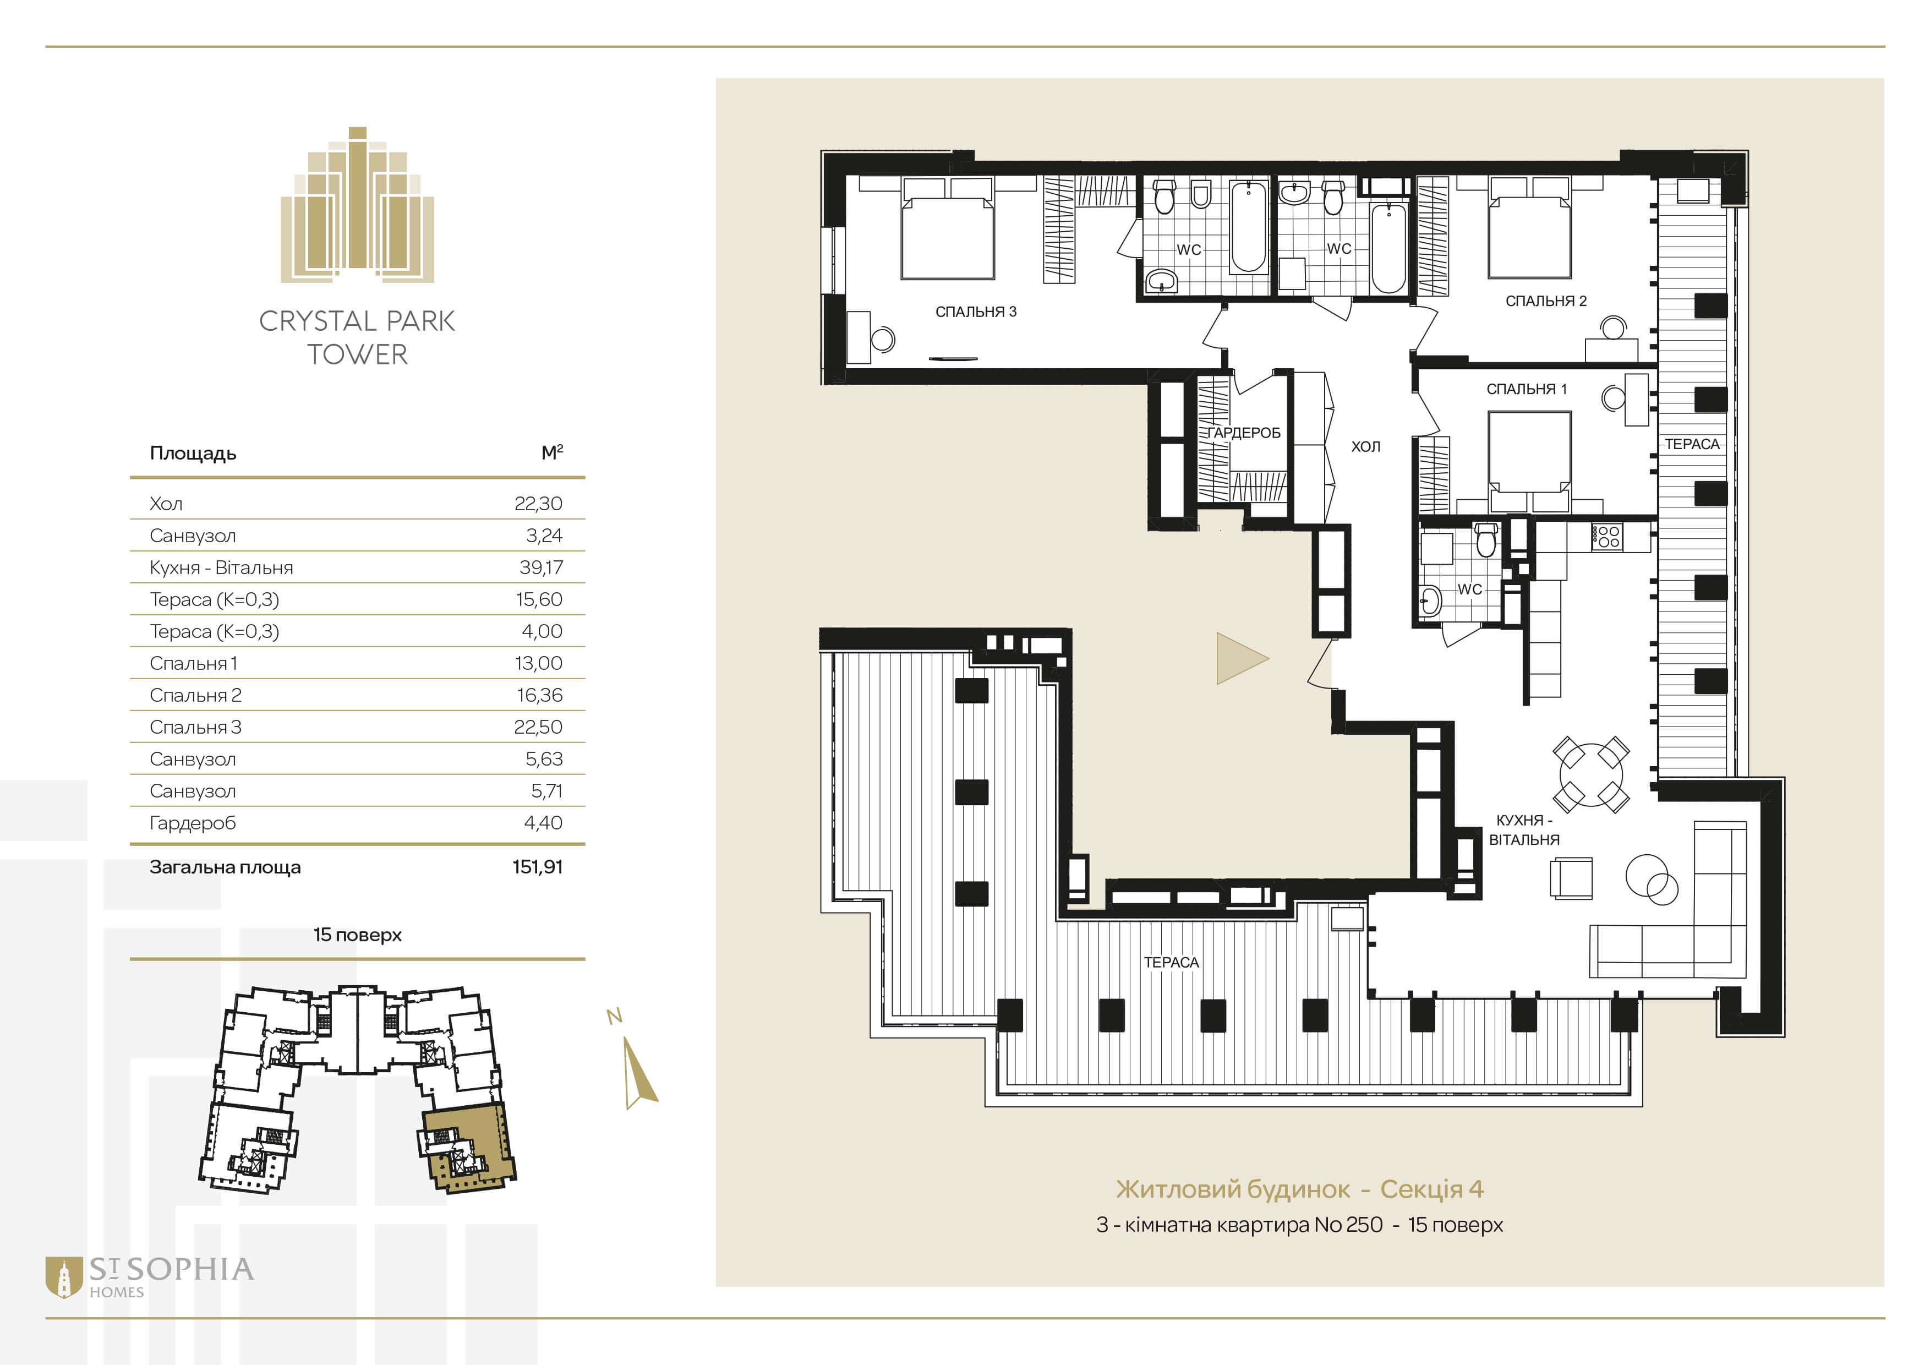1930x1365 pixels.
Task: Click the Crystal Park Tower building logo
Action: [357, 205]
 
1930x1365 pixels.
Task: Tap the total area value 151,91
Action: [537, 866]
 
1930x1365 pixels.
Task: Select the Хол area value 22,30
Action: [538, 504]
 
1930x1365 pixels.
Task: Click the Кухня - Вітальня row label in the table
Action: [221, 567]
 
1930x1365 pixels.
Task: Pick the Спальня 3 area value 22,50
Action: [538, 727]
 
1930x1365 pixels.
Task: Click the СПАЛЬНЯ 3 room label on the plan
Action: [976, 312]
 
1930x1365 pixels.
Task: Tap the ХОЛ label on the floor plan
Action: [1365, 446]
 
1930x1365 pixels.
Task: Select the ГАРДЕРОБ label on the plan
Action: [1244, 433]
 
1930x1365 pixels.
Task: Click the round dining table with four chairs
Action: [1592, 773]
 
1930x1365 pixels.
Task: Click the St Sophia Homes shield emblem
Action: [64, 1277]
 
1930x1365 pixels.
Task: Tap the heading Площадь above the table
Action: [193, 454]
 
